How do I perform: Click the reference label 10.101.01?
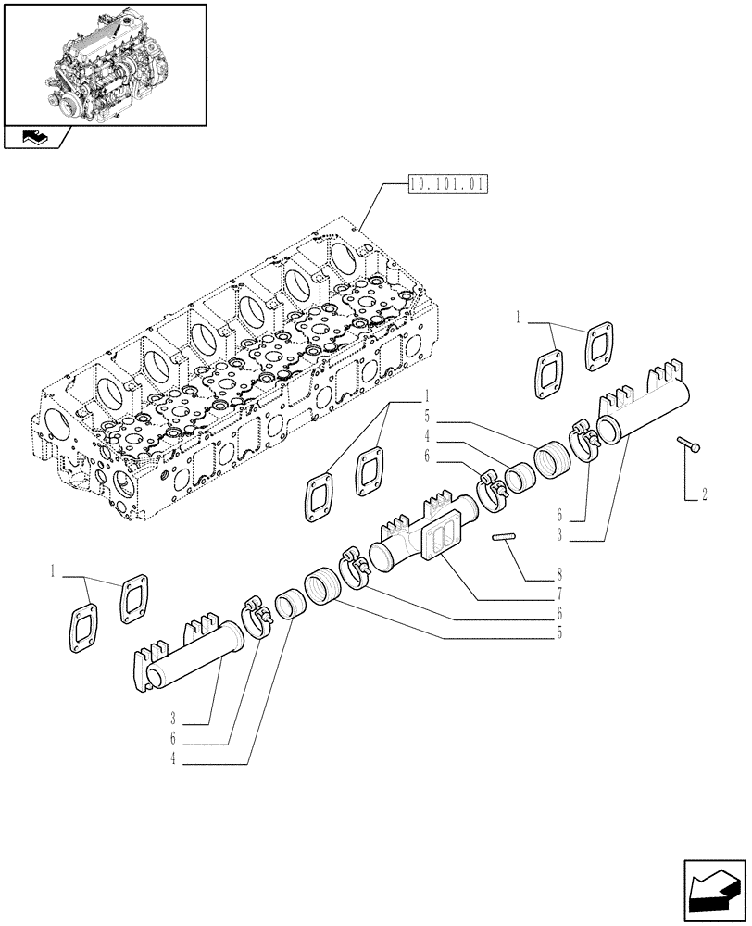pyautogui.click(x=447, y=184)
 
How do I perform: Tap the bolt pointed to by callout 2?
pyautogui.click(x=688, y=445)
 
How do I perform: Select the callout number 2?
pyautogui.click(x=704, y=494)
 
